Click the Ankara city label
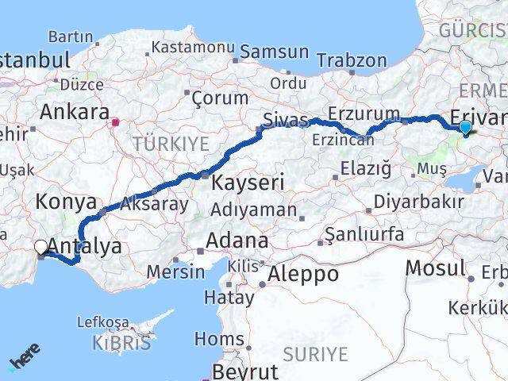(x=74, y=111)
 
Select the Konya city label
(x=66, y=202)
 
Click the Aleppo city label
(x=303, y=274)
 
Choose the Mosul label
(x=435, y=268)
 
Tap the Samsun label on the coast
(x=274, y=52)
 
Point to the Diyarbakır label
(x=419, y=202)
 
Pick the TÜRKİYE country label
(x=171, y=144)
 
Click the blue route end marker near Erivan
(x=465, y=126)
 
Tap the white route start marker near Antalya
(x=41, y=247)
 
